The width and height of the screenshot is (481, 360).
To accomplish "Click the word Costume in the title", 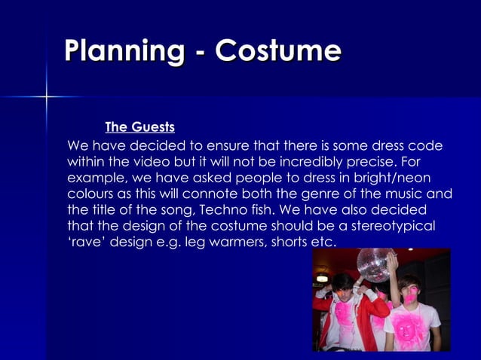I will [277, 51].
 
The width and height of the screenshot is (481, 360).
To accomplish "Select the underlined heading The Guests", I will [139, 127].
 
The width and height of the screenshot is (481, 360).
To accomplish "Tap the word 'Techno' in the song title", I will [237, 210].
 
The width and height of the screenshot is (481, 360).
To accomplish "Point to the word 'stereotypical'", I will [394, 226].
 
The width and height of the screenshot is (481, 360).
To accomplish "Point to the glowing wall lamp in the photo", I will [322, 278].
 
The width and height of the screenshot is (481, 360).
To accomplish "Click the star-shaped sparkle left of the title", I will [47, 96].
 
